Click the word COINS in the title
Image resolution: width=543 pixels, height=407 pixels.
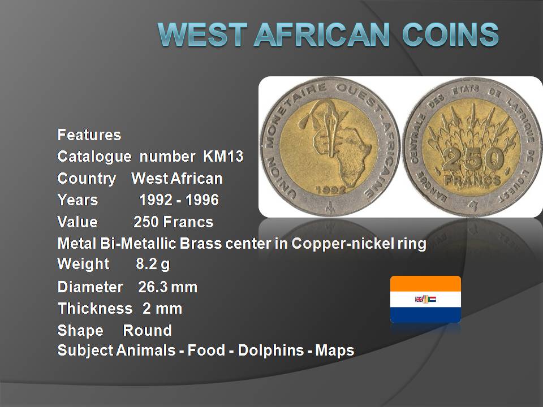point(450,34)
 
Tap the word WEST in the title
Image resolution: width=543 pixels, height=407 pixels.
point(202,34)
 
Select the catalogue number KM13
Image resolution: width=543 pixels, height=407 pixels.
point(223,157)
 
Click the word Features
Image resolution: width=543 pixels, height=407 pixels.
point(89,135)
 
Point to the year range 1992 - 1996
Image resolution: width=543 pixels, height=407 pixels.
point(179,200)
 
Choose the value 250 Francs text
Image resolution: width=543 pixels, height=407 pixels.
point(174,222)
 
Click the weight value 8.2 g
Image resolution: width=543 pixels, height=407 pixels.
point(153,264)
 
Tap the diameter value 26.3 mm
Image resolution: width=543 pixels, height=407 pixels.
point(167,287)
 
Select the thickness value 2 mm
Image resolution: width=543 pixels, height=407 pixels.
point(162,309)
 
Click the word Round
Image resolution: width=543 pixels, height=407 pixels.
point(148,330)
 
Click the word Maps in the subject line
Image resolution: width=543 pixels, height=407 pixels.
point(334,351)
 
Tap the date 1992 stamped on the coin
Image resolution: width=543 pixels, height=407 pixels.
point(331,190)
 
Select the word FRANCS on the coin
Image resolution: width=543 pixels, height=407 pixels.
point(472,180)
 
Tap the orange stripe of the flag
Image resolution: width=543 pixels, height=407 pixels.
point(425,284)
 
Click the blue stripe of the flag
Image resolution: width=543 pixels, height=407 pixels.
point(425,315)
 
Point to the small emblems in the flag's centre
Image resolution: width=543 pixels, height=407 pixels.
point(425,300)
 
